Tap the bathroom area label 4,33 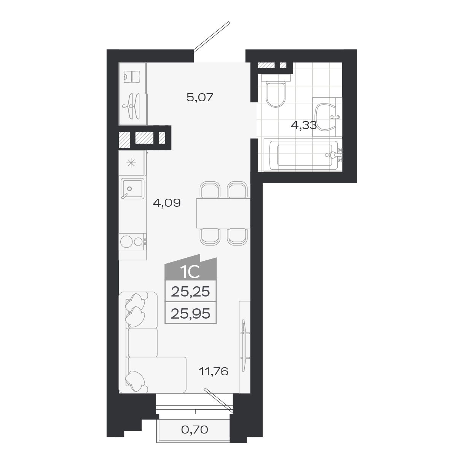click(x=303, y=125)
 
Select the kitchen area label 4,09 click(x=166, y=203)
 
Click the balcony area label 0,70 click(x=194, y=430)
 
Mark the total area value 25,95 click(x=191, y=314)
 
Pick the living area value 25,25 click(x=191, y=292)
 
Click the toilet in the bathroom click(x=275, y=91)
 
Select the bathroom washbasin click(x=326, y=116)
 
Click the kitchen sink click(x=132, y=189)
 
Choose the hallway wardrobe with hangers click(x=132, y=93)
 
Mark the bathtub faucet click(x=335, y=155)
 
